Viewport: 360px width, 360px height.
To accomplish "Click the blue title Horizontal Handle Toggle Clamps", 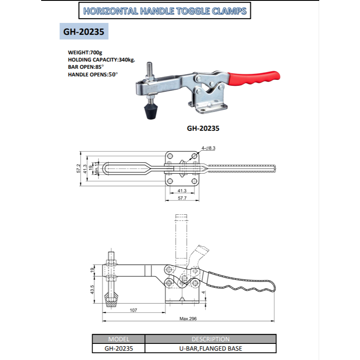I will pos(165,11).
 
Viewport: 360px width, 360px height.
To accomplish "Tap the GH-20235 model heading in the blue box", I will pos(84,32).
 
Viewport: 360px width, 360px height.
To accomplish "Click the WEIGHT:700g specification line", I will pos(85,52).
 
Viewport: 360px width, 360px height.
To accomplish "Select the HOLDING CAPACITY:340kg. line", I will pos(101,59).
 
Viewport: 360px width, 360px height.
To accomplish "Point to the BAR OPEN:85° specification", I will pos(86,67).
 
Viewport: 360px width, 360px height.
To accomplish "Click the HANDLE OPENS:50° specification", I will pos(93,74).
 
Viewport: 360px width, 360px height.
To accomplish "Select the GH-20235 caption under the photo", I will pos(203,127).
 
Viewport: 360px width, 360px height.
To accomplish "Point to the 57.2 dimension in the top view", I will pos(78,169).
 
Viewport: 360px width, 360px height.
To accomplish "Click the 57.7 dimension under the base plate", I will pos(182,198).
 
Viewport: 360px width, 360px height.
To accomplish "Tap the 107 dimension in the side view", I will pos(133,310).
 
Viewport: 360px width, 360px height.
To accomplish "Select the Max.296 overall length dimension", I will pos(188,318).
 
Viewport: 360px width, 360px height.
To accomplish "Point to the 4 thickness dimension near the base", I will pos(204,292).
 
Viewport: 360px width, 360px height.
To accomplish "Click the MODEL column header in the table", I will pos(118,339).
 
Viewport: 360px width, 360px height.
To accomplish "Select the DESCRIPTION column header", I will pos(210,339).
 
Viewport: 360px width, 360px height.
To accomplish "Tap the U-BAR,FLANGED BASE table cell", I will pos(210,348).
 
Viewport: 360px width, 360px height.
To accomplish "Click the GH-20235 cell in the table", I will pos(118,348).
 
